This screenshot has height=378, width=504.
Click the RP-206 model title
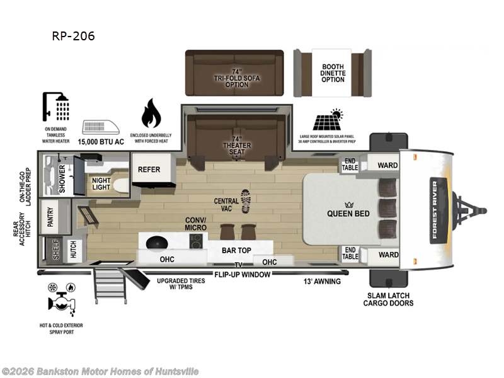pos(73,36)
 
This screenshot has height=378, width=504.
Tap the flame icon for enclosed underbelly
pos(151,113)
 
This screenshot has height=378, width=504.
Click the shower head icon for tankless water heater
pos(56,106)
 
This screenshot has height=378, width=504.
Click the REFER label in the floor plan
pos(149,169)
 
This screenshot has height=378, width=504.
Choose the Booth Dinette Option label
pos(333,73)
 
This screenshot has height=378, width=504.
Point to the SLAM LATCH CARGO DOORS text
pos(388,300)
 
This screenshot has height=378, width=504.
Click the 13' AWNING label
pos(322,281)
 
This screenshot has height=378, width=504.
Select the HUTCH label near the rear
pos(74,250)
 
